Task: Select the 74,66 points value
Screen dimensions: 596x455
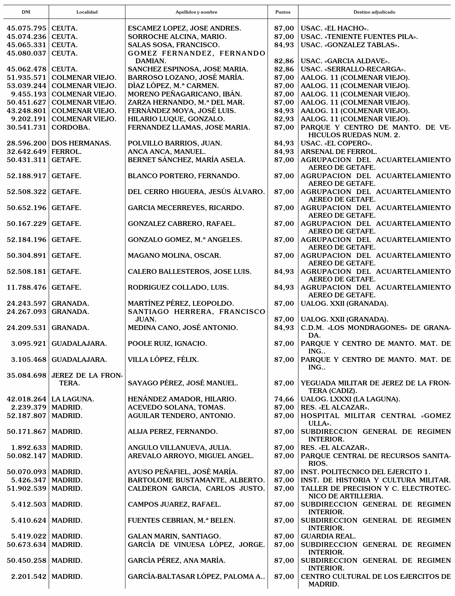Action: click(284, 399)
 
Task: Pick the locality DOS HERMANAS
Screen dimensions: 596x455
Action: click(81, 143)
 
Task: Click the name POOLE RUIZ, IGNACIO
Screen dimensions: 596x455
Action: click(167, 343)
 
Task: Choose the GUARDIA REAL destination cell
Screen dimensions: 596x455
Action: click(328, 536)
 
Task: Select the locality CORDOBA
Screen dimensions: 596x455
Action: click(71, 127)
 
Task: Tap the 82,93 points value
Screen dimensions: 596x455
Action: click(284, 119)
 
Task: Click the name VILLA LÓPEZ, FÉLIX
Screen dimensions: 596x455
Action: click(163, 360)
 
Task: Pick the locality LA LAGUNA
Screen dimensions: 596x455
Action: click(73, 399)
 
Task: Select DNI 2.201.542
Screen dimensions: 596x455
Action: click(29, 576)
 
